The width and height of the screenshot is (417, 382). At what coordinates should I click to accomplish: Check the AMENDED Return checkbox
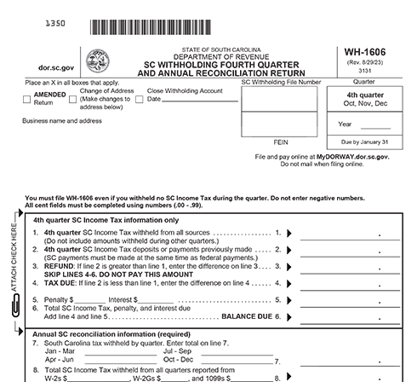click(x=26, y=99)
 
